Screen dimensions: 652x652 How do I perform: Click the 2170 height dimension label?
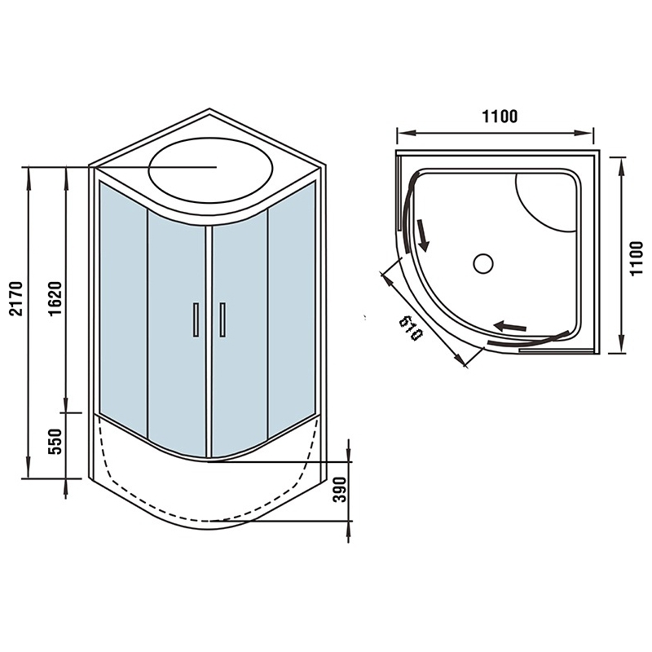pos(16,299)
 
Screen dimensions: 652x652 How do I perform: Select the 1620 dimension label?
pos(55,299)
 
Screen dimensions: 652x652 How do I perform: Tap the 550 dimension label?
pos(55,442)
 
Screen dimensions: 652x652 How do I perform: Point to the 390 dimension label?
pos(340,490)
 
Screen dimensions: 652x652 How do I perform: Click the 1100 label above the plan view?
pos(500,117)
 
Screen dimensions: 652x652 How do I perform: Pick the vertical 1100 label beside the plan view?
pos(637,258)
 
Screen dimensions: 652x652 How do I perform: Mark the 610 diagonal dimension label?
pos(411,328)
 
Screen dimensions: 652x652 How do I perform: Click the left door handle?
pos(196,319)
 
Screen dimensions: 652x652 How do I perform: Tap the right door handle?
pos(222,319)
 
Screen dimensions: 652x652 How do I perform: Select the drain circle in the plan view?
pos(483,263)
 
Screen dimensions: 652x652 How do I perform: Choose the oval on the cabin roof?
pos(211,170)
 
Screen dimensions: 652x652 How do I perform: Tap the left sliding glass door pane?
pos(177,333)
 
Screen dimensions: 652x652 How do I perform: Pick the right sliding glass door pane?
pos(240,333)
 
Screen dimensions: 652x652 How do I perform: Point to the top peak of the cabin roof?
pos(209,109)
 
